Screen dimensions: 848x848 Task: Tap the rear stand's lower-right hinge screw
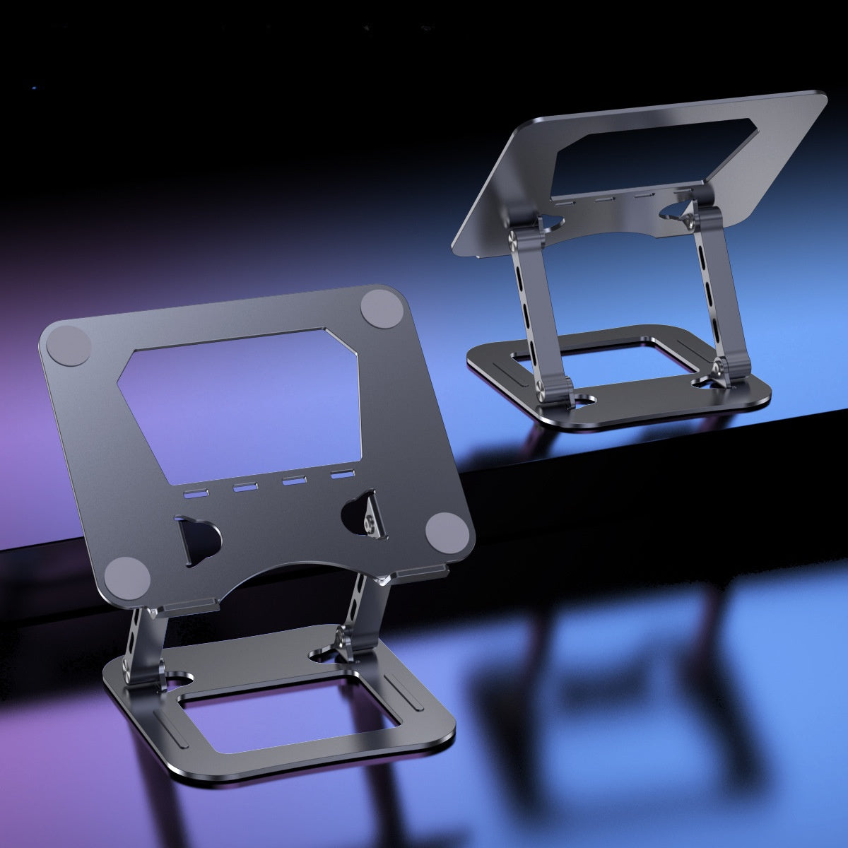pos(718,367)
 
